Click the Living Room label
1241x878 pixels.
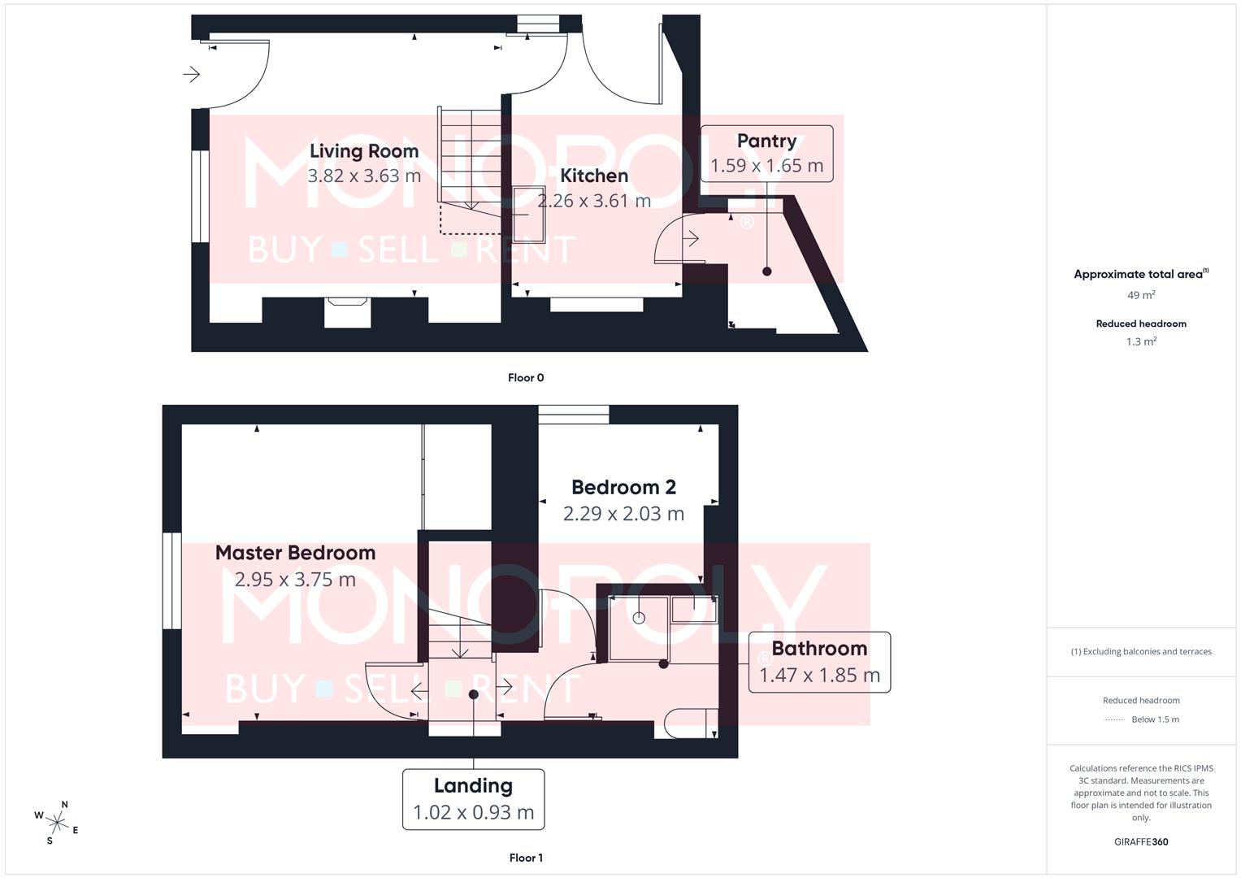click(364, 151)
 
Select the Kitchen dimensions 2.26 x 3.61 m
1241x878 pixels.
click(595, 201)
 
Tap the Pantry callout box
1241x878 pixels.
click(766, 154)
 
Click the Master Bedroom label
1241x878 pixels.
click(295, 553)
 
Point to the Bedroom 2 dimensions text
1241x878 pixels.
click(623, 514)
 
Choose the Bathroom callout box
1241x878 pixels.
click(819, 662)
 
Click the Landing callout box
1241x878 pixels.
click(473, 799)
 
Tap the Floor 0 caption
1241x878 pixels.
click(526, 378)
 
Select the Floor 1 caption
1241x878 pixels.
click(526, 858)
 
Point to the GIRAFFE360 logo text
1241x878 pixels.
click(1141, 842)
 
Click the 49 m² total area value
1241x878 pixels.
click(1141, 295)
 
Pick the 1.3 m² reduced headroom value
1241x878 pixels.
click(1141, 341)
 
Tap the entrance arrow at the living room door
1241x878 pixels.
click(192, 75)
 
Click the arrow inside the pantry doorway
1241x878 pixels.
click(692, 239)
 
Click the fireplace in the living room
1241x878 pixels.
click(347, 311)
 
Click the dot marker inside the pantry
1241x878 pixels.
click(766, 272)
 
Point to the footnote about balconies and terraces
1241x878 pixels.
click(1141, 652)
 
